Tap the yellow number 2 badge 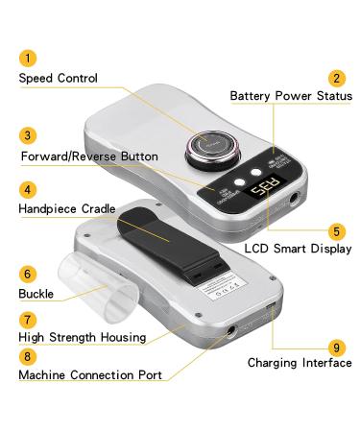coord(336,78)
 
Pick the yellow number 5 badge coord(336,230)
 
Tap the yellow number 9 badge coord(336,346)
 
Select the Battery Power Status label coord(291,96)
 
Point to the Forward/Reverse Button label coord(90,156)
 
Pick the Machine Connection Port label coord(90,374)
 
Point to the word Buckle coord(36,293)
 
